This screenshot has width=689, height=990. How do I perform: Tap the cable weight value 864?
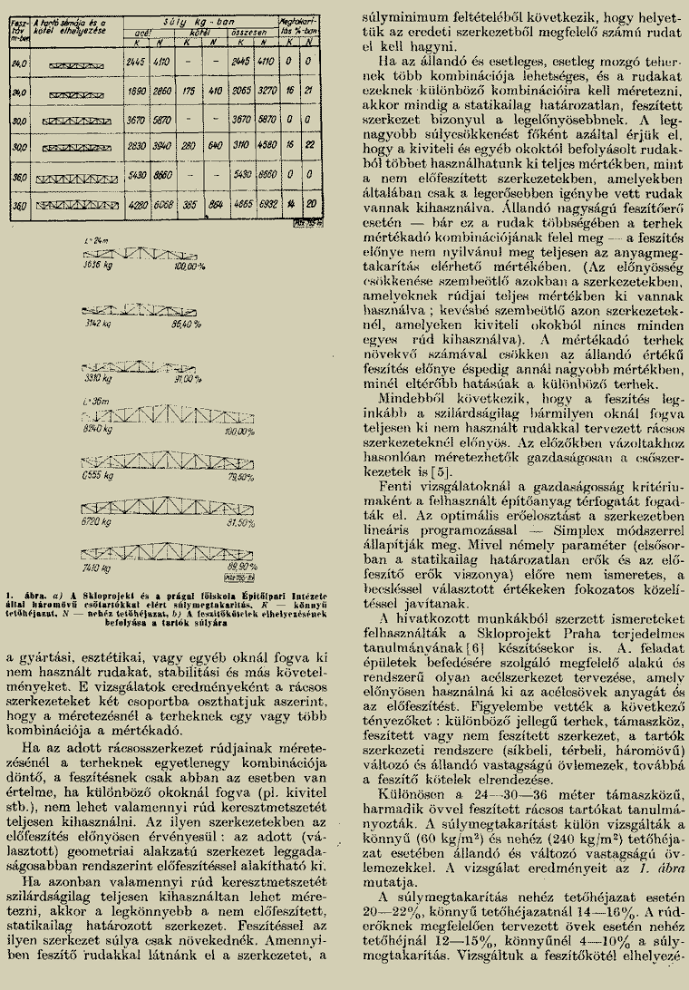(x=216, y=208)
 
